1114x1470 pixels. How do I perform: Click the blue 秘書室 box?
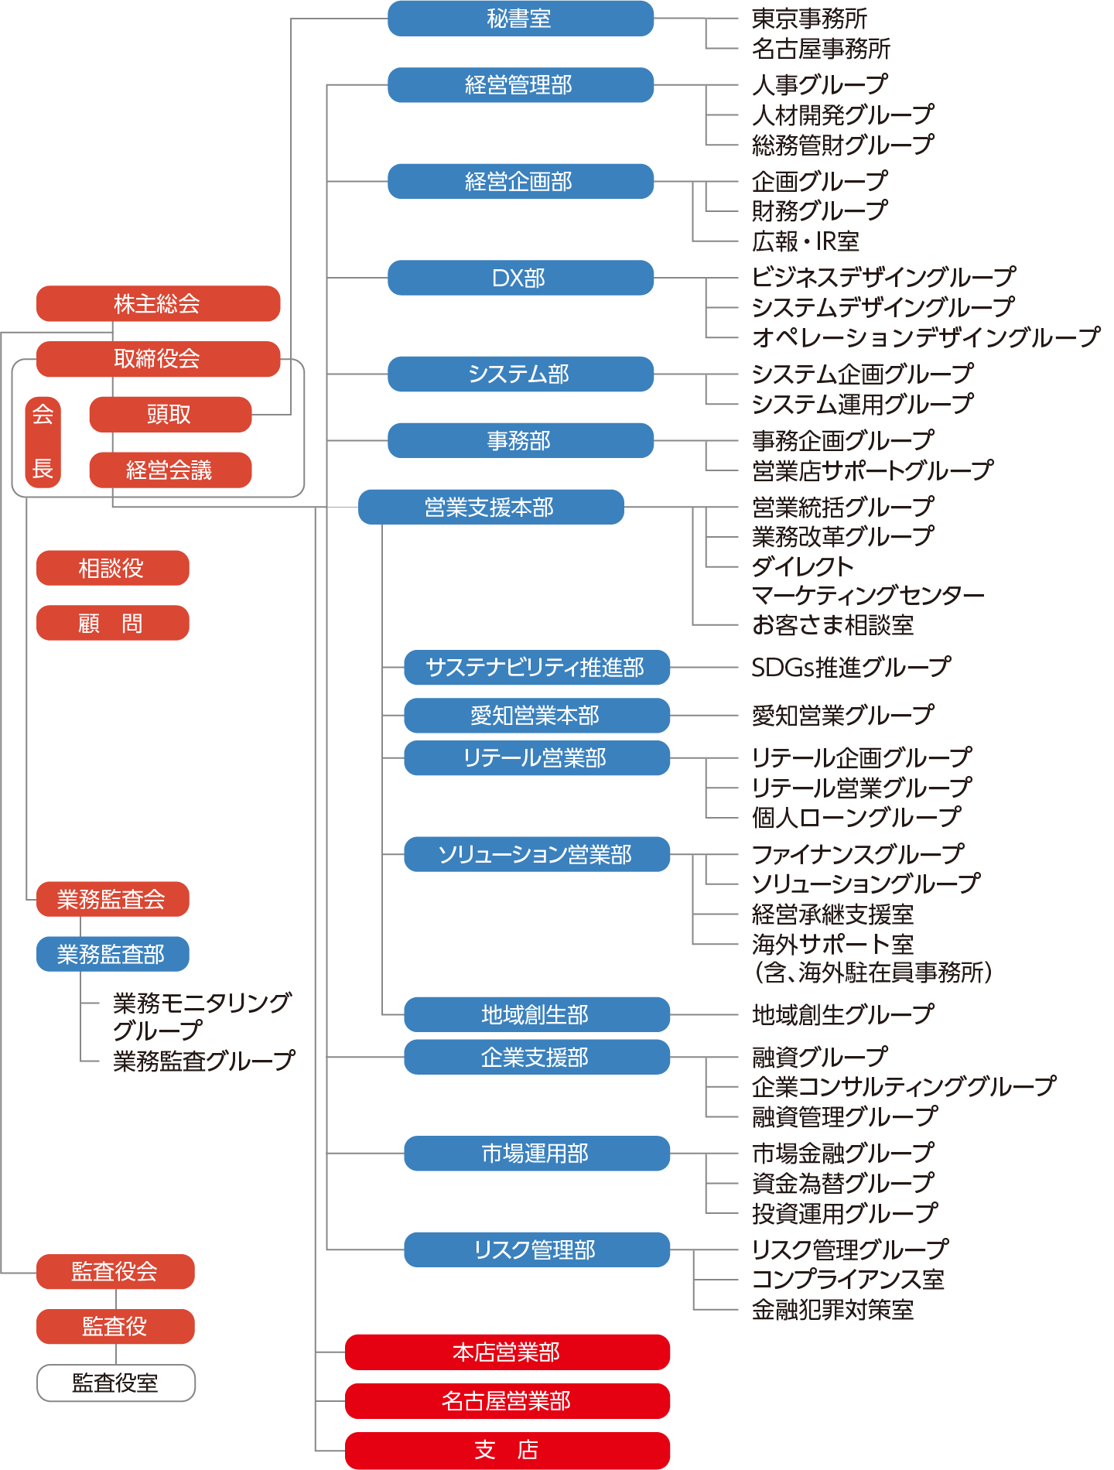(520, 19)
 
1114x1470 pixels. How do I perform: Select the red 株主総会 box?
(158, 303)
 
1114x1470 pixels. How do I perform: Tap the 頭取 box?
(170, 415)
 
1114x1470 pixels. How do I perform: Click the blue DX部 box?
(520, 278)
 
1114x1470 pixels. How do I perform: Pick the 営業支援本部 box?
(490, 507)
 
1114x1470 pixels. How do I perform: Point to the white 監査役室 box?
(116, 1383)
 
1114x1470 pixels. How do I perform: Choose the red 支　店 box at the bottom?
(507, 1450)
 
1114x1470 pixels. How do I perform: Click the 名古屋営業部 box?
(507, 1401)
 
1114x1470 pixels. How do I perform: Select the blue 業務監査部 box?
(112, 954)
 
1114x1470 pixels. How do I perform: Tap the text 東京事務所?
(809, 19)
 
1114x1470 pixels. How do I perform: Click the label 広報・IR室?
(805, 241)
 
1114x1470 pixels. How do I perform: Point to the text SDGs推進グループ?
(851, 668)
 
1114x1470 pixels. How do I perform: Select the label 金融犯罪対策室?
(833, 1310)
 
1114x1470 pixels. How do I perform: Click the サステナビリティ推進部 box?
(536, 668)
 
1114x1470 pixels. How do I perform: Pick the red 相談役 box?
(112, 569)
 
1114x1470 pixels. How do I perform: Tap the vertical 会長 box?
(43, 442)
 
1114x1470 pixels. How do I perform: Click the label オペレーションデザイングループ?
(925, 337)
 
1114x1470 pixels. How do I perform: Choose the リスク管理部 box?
(536, 1249)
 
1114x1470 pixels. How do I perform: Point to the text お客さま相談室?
(833, 625)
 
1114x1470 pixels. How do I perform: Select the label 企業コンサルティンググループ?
(904, 1086)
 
